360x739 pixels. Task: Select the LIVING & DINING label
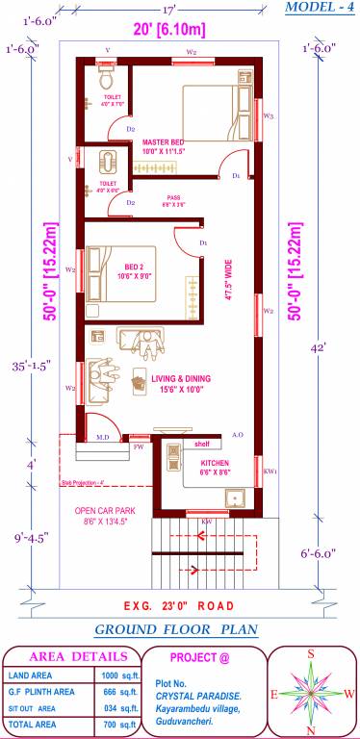(x=180, y=378)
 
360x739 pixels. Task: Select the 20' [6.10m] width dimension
(x=169, y=29)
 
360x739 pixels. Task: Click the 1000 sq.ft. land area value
(x=115, y=675)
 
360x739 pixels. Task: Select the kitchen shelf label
(x=201, y=444)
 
